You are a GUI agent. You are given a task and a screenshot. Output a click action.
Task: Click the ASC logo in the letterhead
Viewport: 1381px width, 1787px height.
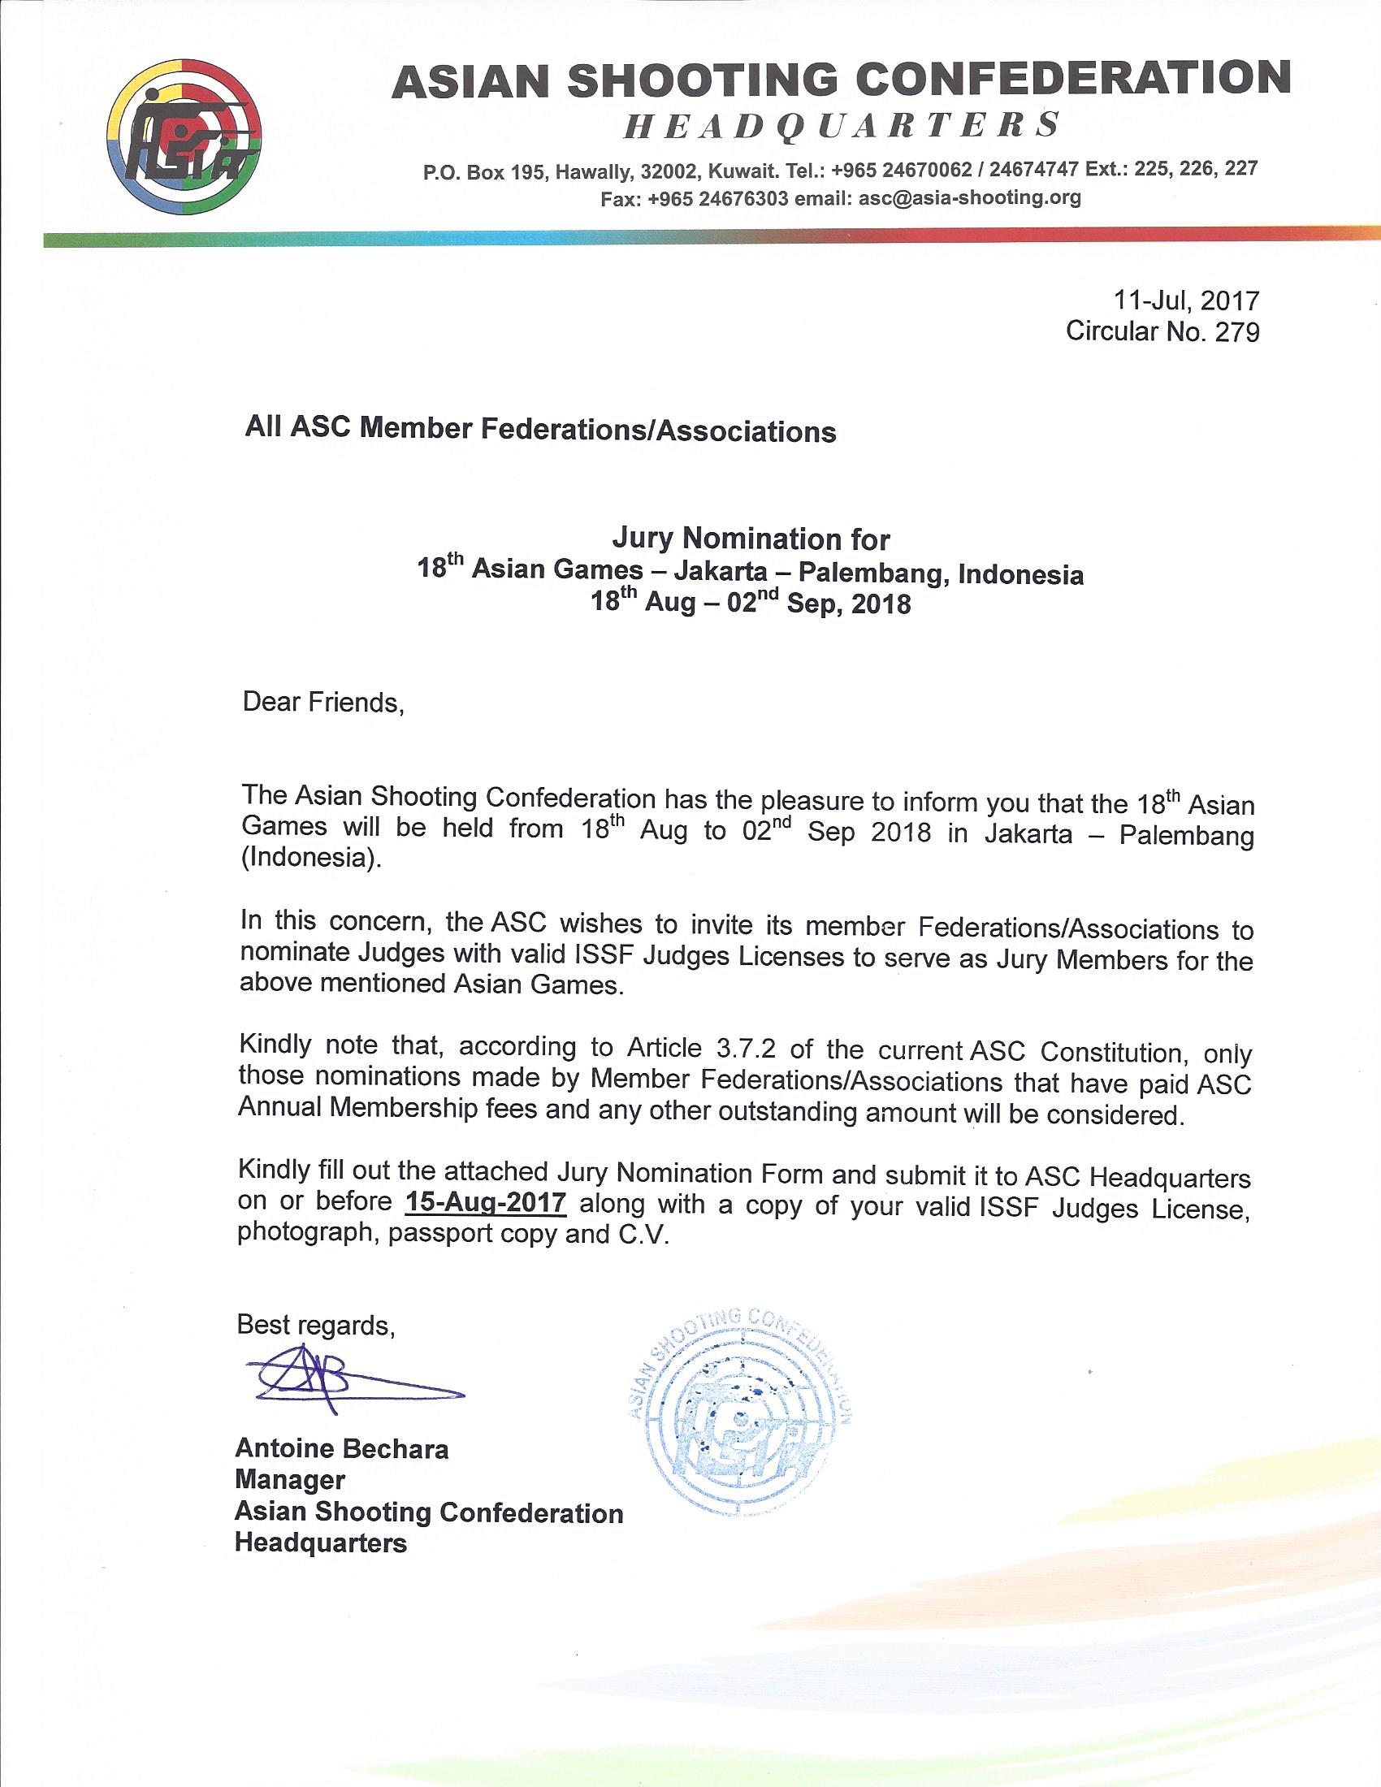[x=185, y=136]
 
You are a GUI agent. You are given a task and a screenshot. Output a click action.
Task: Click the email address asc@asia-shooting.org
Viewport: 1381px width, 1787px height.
[x=969, y=197]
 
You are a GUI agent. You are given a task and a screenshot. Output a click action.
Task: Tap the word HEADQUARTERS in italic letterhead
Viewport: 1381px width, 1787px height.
[x=842, y=126]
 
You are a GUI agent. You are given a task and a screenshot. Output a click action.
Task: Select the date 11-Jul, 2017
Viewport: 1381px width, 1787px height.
[x=1186, y=301]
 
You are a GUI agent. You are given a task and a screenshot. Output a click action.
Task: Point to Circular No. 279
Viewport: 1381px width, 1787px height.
[x=1162, y=331]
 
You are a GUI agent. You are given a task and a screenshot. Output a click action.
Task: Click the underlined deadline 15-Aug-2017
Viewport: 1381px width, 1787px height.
[x=485, y=1202]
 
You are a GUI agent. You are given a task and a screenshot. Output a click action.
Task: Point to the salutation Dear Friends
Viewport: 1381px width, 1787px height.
[x=323, y=703]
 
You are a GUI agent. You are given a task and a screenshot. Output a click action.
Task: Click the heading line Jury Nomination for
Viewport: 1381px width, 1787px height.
[x=751, y=539]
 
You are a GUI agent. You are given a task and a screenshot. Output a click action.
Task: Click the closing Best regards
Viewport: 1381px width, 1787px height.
[x=316, y=1325]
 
